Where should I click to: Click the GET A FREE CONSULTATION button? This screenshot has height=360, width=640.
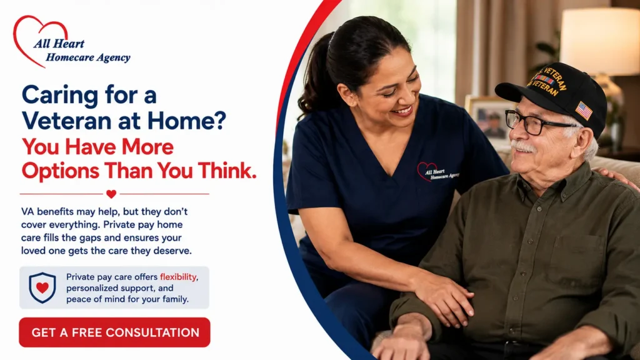[x=114, y=332]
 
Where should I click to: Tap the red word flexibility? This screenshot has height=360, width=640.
[x=178, y=277]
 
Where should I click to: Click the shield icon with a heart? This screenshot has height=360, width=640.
[x=42, y=287]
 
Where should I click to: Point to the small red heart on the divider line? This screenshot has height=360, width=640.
[x=111, y=194]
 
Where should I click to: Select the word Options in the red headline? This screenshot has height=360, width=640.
[x=60, y=171]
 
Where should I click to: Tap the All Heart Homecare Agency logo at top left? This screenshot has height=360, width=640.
[x=71, y=42]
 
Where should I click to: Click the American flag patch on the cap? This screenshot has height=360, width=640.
[x=584, y=111]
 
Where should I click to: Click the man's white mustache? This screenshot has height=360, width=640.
[x=523, y=146]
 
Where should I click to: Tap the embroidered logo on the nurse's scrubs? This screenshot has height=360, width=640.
[x=437, y=171]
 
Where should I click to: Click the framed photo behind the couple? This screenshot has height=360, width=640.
[x=488, y=117]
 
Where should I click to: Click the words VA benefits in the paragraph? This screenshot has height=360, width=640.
[x=47, y=211]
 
